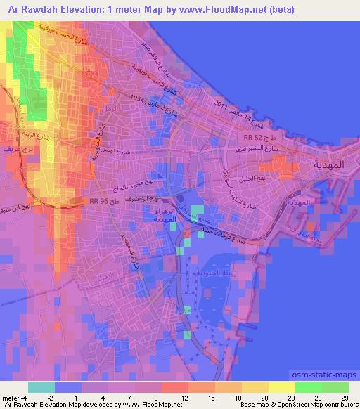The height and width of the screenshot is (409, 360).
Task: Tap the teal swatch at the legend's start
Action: tap(41, 387)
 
